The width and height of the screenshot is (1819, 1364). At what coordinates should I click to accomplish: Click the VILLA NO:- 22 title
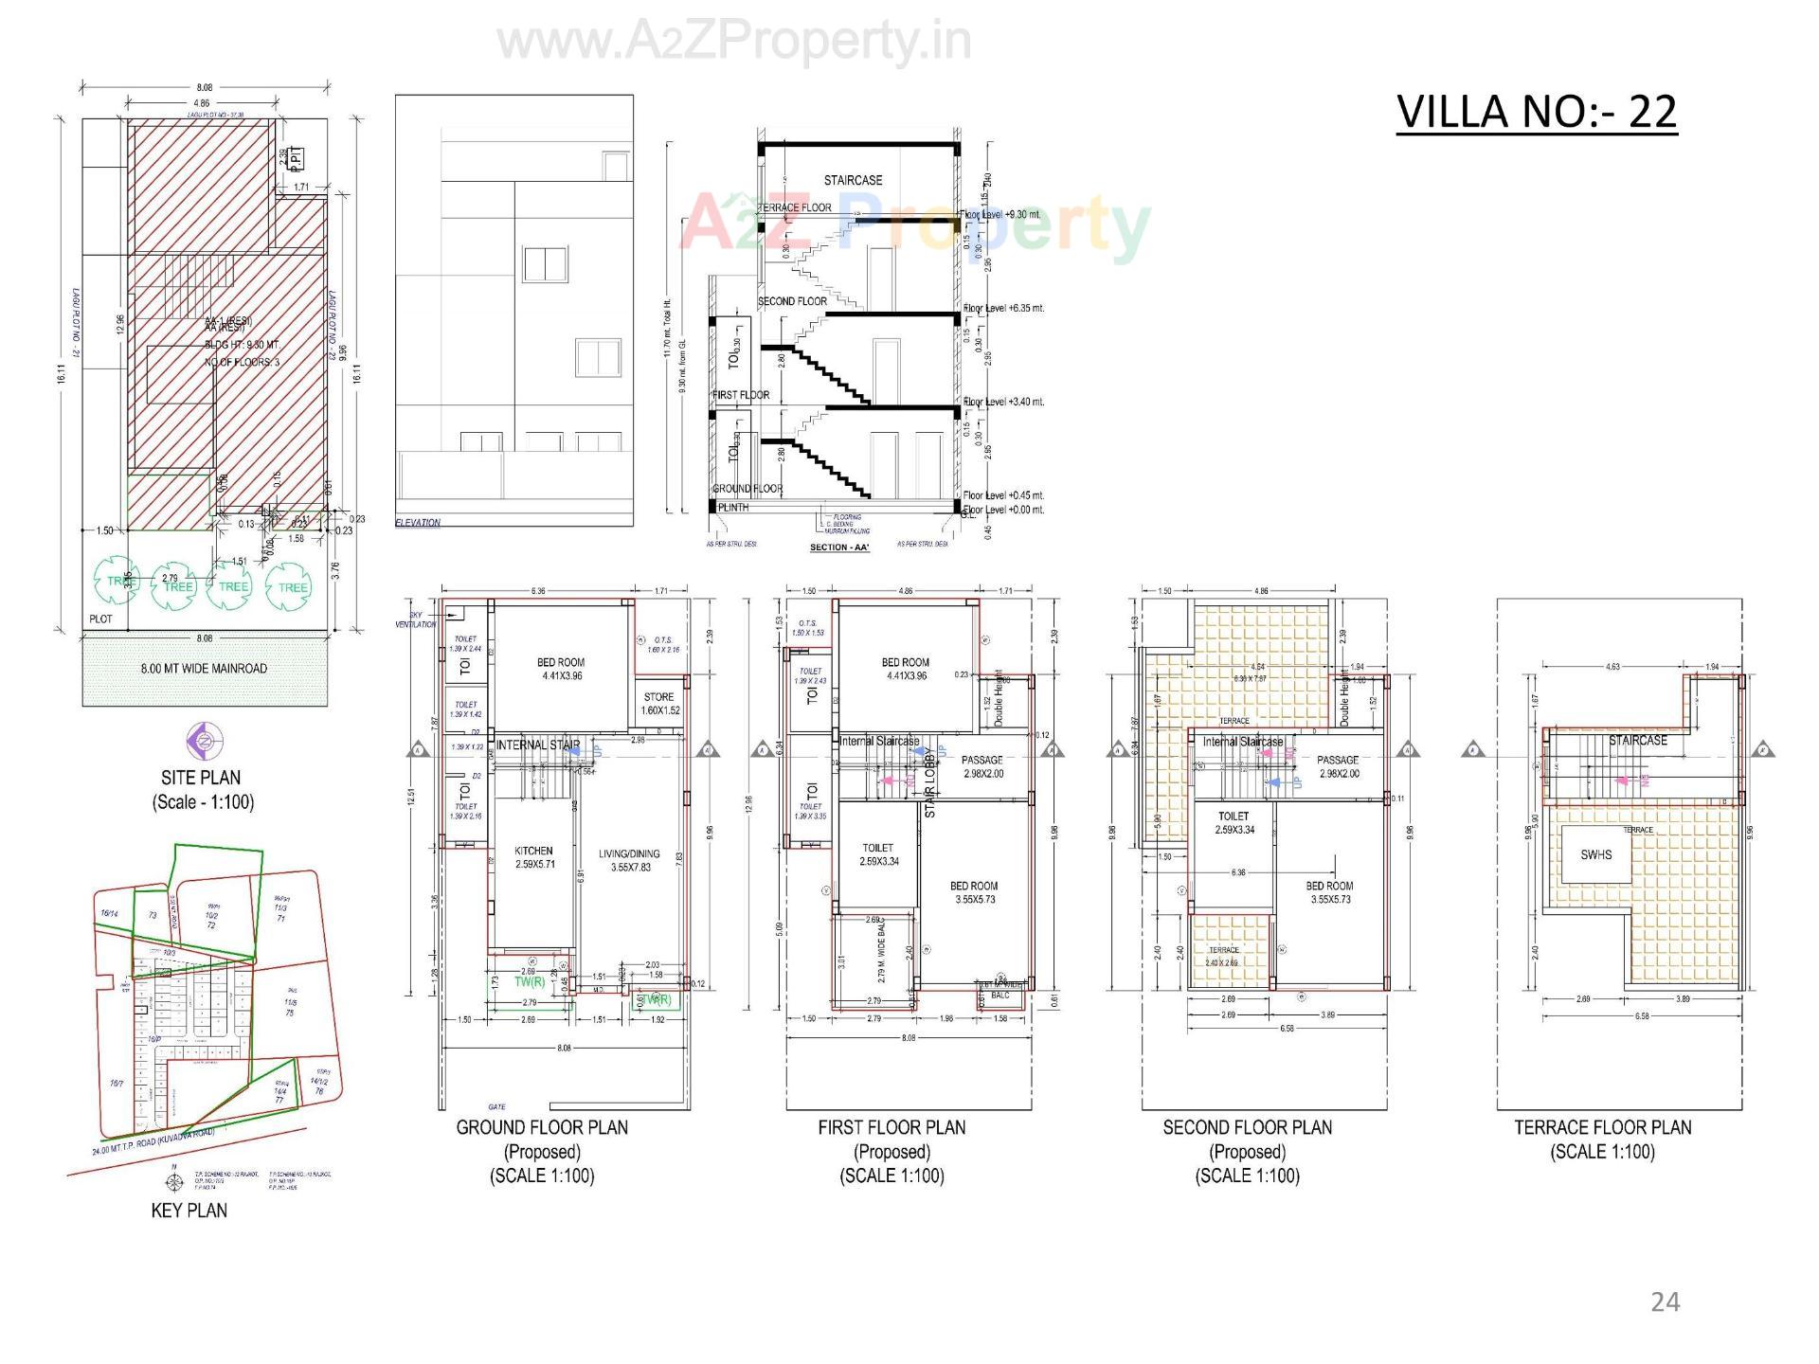click(1536, 112)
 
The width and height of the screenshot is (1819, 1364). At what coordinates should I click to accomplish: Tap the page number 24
click(1665, 1302)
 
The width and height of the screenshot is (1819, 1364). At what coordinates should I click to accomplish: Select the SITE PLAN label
click(201, 778)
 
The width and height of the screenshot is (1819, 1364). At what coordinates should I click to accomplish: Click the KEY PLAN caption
click(189, 1210)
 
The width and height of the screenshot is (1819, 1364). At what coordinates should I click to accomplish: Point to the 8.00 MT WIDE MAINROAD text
click(204, 669)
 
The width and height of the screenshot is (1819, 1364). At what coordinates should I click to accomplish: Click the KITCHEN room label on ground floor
click(533, 851)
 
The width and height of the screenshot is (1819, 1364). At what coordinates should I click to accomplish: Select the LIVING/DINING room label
click(629, 854)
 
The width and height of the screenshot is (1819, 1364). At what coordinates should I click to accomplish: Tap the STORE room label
click(658, 697)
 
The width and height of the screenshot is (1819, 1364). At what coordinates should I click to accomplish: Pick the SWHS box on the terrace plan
click(1595, 854)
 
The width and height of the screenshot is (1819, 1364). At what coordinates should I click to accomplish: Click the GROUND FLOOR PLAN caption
click(542, 1127)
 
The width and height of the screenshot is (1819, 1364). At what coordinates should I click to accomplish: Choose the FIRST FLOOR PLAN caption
click(891, 1127)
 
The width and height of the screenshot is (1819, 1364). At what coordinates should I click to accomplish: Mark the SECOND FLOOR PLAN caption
click(1247, 1127)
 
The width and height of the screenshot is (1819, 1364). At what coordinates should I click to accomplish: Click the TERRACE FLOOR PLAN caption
click(1602, 1127)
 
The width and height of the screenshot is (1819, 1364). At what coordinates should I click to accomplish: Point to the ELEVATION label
click(418, 523)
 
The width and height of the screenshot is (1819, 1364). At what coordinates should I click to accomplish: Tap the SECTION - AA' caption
click(839, 547)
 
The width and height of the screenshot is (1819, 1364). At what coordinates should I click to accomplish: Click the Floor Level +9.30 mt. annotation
click(1002, 215)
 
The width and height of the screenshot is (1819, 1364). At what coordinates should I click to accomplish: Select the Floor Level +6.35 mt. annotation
click(1003, 308)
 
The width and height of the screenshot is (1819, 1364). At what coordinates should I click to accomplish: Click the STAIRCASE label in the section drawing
click(853, 180)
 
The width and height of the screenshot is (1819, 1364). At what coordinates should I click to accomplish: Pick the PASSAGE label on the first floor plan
click(982, 760)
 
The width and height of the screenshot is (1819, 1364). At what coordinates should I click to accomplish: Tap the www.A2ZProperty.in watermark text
click(734, 42)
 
